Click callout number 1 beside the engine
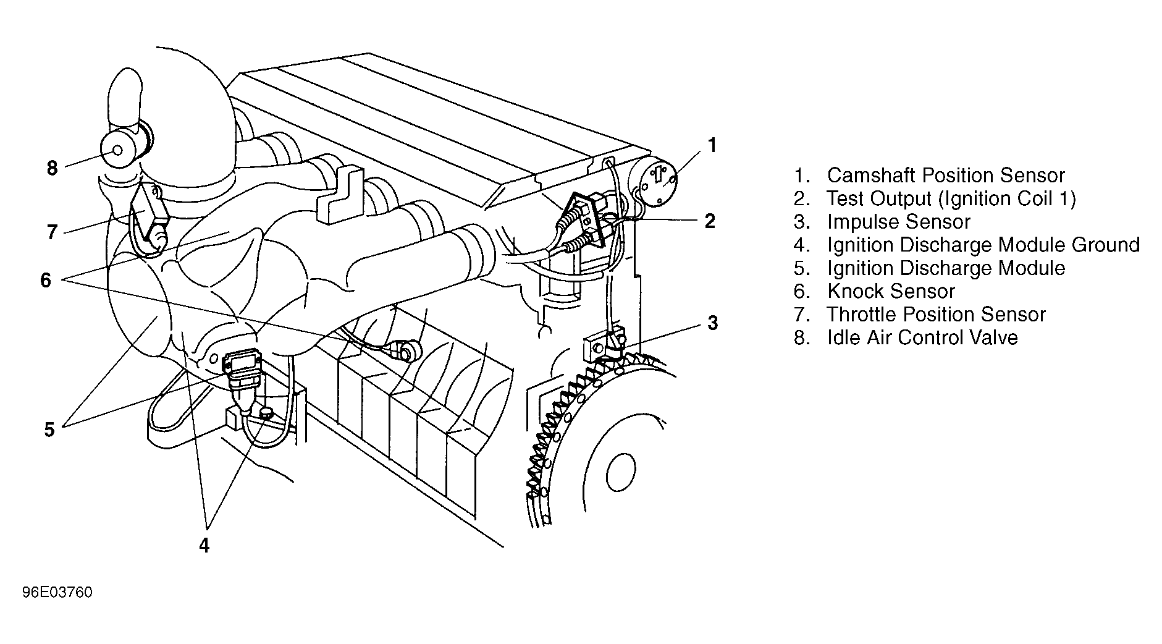712,146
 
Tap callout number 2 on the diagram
710,221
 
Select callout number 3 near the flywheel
713,323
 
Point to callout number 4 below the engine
204,546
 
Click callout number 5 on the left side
49,430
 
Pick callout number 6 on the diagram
46,280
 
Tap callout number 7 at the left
52,232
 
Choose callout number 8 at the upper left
52,167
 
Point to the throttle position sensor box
150,211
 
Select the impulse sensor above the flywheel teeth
604,347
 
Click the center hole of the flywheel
621,473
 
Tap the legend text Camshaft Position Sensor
946,176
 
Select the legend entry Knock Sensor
891,291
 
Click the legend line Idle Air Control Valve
922,337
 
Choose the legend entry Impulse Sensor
899,222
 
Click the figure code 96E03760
57,593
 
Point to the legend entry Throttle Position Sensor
937,315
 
